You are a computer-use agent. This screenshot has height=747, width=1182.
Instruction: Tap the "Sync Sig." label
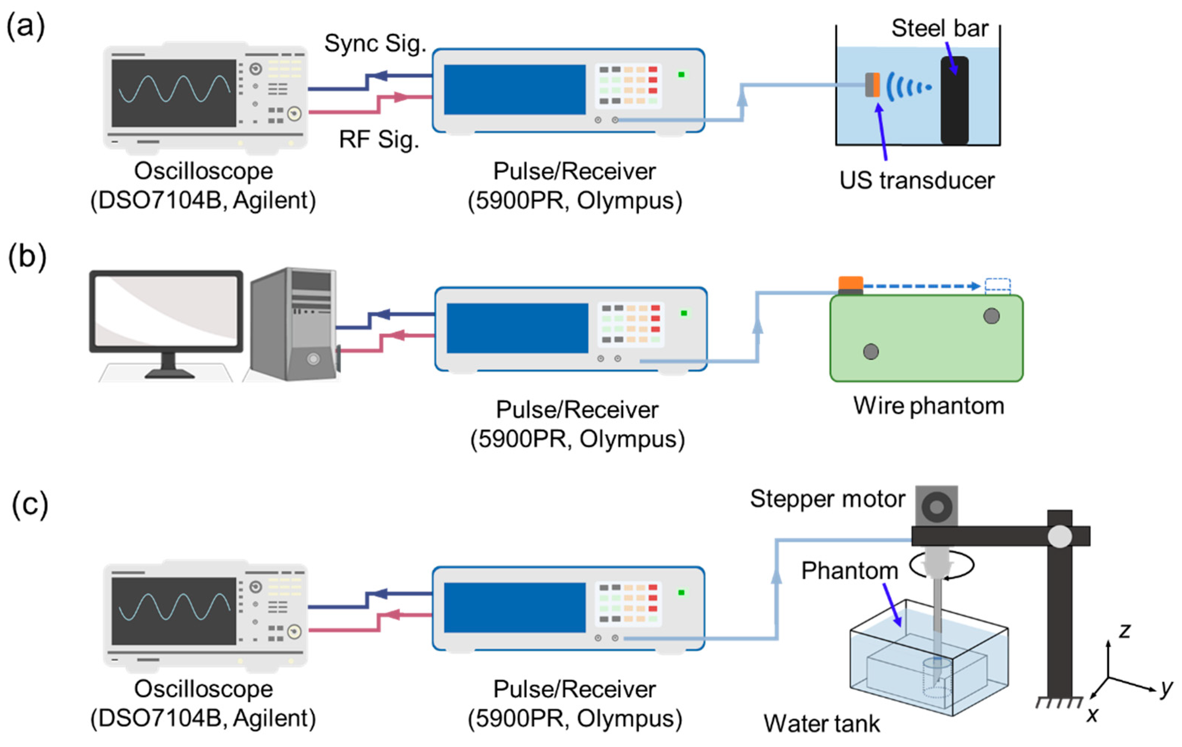[x=375, y=43]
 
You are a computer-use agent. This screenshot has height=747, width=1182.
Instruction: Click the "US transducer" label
[x=916, y=181]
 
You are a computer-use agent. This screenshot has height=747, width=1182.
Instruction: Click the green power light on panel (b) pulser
[x=684, y=313]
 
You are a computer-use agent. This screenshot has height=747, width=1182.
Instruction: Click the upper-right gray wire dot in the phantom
[x=991, y=316]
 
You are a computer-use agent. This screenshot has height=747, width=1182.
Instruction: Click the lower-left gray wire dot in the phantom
[x=871, y=351]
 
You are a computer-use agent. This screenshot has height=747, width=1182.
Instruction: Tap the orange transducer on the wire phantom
[x=851, y=284]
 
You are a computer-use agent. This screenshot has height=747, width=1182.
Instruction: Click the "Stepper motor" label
[x=827, y=499]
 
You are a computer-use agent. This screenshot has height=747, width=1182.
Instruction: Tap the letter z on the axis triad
[x=1125, y=631]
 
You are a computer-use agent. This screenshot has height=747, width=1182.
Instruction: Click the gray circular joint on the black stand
[x=1059, y=536]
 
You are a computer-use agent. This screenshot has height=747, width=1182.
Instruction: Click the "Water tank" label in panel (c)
[x=822, y=724]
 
